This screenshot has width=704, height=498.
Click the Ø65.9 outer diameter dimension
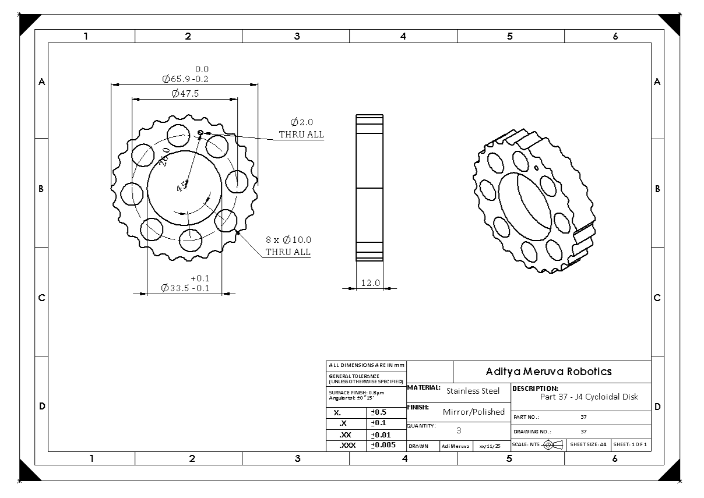click(185, 79)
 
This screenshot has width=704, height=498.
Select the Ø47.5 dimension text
click(185, 93)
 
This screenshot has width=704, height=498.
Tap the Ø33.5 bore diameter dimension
click(185, 288)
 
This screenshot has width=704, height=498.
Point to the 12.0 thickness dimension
click(370, 283)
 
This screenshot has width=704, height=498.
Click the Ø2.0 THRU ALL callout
click(301, 128)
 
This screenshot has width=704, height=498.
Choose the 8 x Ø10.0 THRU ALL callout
click(288, 246)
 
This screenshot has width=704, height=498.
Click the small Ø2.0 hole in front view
click(200, 133)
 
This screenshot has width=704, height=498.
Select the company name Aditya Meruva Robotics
click(548, 372)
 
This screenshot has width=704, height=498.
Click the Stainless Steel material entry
click(473, 391)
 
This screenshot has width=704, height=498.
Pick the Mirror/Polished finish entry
click(473, 412)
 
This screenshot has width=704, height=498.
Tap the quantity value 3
click(459, 430)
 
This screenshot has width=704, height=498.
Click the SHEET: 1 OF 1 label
click(629, 444)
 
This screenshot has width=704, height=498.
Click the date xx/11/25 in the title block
click(490, 446)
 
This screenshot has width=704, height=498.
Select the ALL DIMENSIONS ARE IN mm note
click(366, 365)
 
